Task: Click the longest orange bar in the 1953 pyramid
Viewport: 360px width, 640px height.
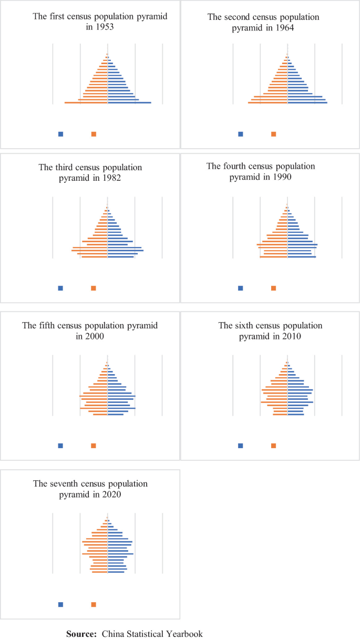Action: (x=86, y=102)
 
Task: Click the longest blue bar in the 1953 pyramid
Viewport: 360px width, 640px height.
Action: (x=129, y=102)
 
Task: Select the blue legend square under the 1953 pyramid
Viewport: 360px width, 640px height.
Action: (x=61, y=134)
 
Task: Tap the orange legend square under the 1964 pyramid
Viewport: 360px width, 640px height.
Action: (x=273, y=134)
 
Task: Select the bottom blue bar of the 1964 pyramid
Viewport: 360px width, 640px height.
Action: (x=307, y=102)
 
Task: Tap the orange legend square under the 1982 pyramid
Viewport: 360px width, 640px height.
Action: (x=94, y=288)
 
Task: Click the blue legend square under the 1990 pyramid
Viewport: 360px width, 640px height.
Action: (x=241, y=288)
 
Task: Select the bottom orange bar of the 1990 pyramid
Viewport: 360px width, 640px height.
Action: (x=274, y=257)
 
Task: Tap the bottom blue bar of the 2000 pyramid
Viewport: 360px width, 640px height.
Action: (x=116, y=415)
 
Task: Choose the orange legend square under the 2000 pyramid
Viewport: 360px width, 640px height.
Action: (x=94, y=446)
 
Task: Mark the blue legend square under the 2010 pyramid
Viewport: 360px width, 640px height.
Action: (x=241, y=446)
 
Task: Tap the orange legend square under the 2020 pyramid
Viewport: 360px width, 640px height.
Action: (x=94, y=604)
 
